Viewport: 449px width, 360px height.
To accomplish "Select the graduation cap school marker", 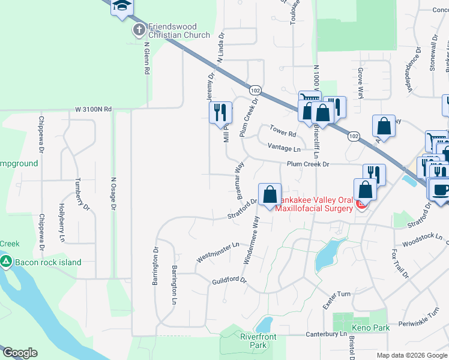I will pyautogui.click(x=122, y=6).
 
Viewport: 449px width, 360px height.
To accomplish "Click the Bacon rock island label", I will pyautogui.click(x=48, y=262).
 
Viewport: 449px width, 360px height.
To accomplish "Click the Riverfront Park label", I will pyautogui.click(x=258, y=341).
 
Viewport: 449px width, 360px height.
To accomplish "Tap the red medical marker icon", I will pyautogui.click(x=361, y=205).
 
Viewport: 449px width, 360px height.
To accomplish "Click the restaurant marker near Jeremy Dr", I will pyautogui.click(x=220, y=112).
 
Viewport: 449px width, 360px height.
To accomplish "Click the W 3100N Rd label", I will pyautogui.click(x=94, y=109).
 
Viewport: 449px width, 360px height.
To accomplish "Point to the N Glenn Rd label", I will pyautogui.click(x=146, y=58).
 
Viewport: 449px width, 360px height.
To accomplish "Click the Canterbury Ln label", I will pyautogui.click(x=327, y=334).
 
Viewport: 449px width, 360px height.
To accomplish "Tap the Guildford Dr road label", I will pyautogui.click(x=229, y=281).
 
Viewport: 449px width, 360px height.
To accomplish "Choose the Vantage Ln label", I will pyautogui.click(x=285, y=149).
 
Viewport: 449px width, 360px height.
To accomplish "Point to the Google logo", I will pyautogui.click(x=20, y=353).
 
